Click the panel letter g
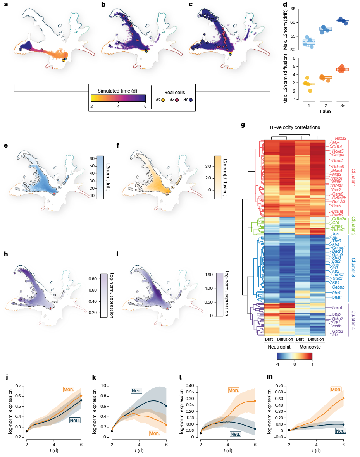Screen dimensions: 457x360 pos(242,125)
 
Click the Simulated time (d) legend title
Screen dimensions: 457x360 pos(118,90)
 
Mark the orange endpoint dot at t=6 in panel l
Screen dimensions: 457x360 pos(255,401)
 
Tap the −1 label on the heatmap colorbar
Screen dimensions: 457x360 pos(277,364)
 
